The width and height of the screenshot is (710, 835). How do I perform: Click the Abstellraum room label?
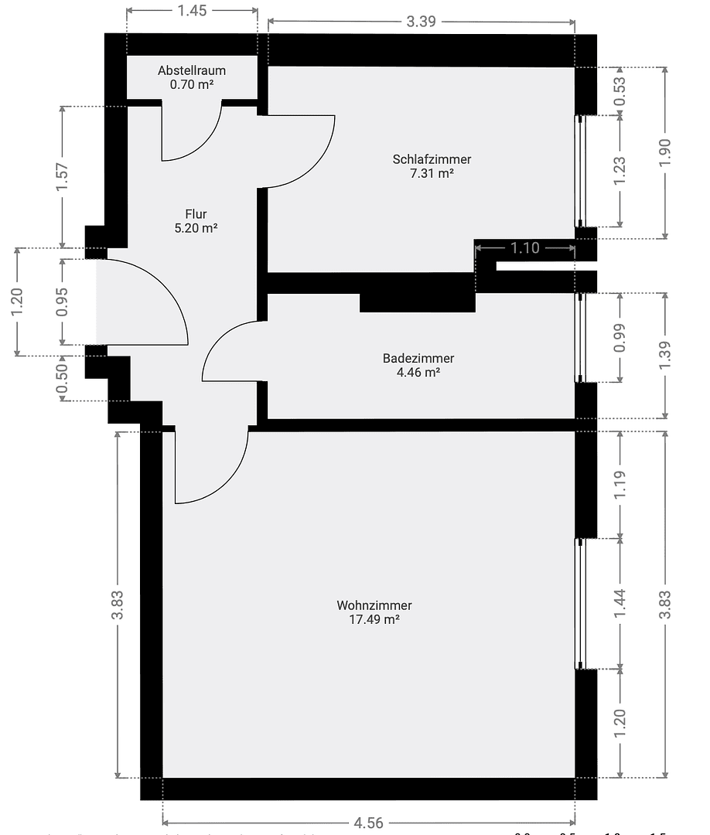point(192,71)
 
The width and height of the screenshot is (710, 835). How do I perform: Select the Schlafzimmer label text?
point(432,160)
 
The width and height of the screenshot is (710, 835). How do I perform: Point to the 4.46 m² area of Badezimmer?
point(418,373)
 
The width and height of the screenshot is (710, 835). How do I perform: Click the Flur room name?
point(196,214)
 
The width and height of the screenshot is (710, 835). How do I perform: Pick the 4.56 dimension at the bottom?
point(368,823)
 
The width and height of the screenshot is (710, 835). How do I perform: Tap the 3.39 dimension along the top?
point(422,22)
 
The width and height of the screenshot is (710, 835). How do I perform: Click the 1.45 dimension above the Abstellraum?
point(192,10)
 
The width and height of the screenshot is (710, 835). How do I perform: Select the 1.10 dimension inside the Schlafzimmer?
point(524,248)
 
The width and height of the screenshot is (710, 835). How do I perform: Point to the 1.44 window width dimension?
point(620,603)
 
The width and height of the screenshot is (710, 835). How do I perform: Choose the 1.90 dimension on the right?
point(665,152)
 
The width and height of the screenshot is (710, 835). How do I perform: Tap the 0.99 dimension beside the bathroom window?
point(620,337)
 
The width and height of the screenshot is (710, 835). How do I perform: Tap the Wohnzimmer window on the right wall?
point(580,603)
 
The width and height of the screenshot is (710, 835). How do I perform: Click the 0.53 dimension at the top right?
point(620,90)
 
